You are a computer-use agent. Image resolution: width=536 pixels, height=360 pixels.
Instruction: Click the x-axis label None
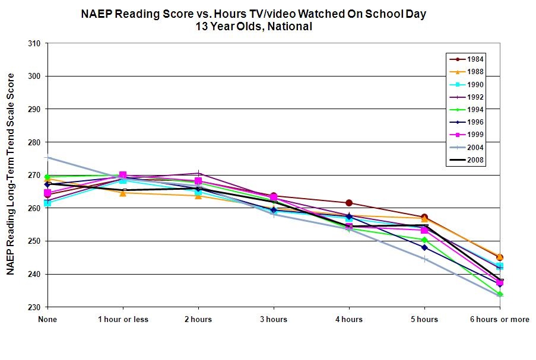tap(47, 320)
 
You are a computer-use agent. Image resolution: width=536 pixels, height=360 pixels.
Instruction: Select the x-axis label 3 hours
tap(273, 320)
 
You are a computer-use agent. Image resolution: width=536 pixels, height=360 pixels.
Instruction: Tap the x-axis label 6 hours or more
tap(499, 320)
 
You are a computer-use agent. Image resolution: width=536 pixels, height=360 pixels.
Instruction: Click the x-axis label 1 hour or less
tap(123, 320)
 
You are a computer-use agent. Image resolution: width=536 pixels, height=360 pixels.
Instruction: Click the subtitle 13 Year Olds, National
tap(253, 27)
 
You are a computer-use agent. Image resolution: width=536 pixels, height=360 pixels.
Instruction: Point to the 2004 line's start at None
tap(47, 157)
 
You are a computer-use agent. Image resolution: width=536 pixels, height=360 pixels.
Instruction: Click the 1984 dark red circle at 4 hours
tap(348, 203)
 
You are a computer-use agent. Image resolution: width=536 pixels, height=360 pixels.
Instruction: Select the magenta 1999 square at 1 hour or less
tap(123, 175)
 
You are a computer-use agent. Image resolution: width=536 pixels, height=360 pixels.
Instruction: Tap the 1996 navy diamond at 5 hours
tap(424, 247)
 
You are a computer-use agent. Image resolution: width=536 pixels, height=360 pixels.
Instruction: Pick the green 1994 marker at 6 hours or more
tap(499, 294)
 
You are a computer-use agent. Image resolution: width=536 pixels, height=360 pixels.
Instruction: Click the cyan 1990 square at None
tap(47, 203)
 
